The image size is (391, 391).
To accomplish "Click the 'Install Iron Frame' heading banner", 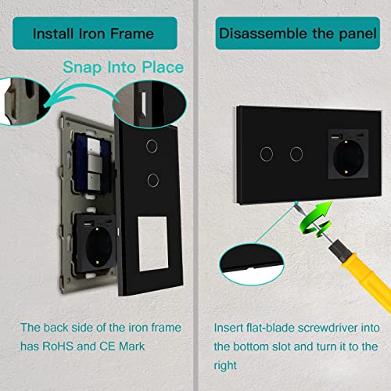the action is [x=95, y=33].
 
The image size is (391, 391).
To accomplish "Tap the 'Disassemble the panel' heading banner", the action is [x=298, y=33].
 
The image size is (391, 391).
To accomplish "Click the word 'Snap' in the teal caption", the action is [x=82, y=67].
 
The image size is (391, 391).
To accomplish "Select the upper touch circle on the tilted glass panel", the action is [x=152, y=146].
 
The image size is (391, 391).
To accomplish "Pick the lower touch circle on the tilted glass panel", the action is [x=153, y=180].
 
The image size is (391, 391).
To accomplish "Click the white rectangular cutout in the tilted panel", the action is [x=152, y=243].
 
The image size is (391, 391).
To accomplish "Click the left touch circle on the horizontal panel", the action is [x=267, y=154].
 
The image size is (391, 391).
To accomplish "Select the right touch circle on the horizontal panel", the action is [x=296, y=154].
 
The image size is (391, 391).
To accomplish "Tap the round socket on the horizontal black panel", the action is [x=348, y=158].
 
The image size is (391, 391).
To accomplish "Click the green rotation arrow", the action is [x=316, y=219].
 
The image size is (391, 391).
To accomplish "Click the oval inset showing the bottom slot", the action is [x=252, y=264].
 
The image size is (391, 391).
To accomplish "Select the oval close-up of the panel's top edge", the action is [x=149, y=104].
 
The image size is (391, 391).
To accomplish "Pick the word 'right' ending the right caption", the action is [x=225, y=366].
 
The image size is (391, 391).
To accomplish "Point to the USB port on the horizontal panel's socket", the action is [x=336, y=136].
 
